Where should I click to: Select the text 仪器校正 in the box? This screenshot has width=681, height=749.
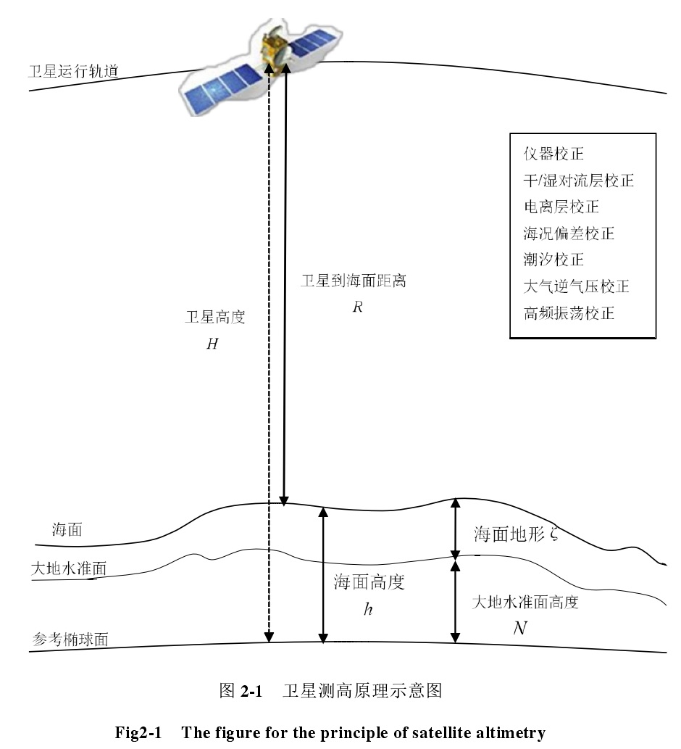pos(553,154)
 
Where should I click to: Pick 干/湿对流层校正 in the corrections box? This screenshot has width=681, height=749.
pos(578,180)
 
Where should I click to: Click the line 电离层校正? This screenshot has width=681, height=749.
pos(561,207)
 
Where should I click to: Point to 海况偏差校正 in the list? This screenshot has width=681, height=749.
pos(569,233)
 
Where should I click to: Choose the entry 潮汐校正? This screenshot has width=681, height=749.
pos(553,260)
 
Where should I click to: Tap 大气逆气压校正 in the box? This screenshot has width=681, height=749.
pos(576,286)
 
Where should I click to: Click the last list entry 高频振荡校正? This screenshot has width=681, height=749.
pos(569,313)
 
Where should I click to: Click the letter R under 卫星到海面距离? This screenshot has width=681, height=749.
pos(356,307)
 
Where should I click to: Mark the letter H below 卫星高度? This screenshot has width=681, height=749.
pos(212,344)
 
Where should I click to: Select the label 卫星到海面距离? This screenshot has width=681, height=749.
pos(354,281)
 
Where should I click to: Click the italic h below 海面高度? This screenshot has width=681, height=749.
pos(368,609)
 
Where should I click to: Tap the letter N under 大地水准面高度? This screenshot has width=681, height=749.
pos(519,628)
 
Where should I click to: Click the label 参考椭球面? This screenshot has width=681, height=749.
pos(70,640)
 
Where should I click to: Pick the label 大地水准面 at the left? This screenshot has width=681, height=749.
pos(69,568)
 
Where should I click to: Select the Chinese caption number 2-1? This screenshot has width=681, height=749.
pos(250,690)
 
